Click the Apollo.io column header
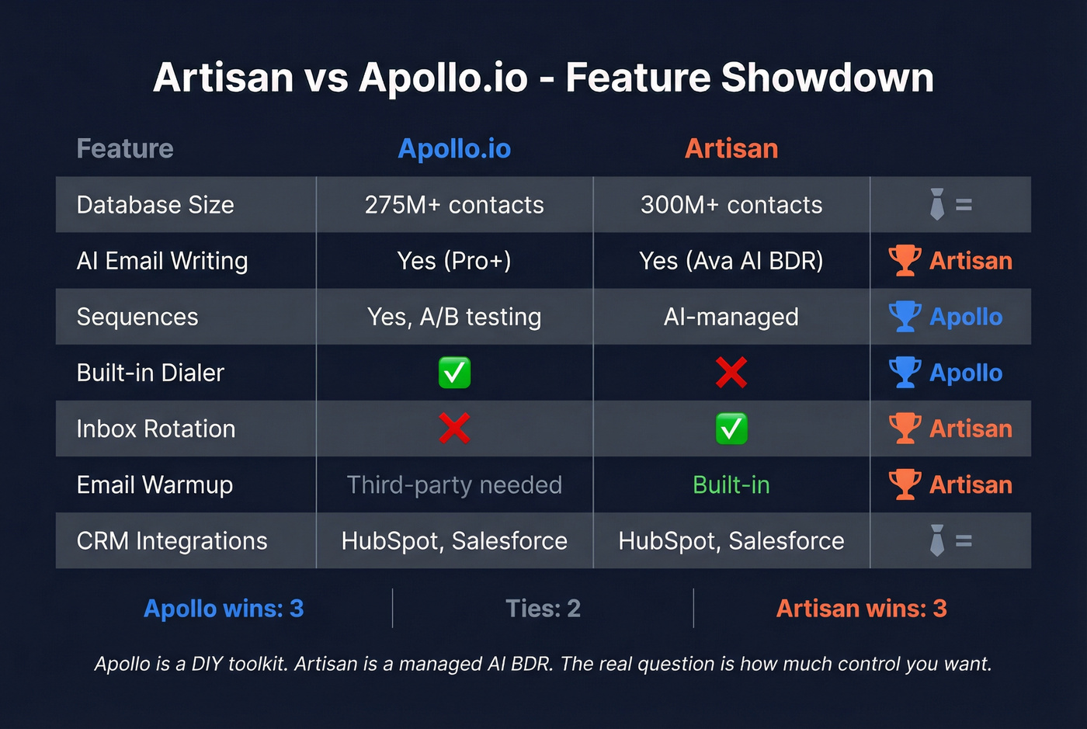pos(454,148)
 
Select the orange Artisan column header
pos(731,148)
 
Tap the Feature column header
pos(125,148)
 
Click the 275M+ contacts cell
pos(454,205)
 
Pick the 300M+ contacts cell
pos(731,205)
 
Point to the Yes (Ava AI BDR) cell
pos(731,261)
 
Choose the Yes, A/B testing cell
pos(454,317)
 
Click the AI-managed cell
pos(731,317)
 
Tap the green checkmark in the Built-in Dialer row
pos(454,373)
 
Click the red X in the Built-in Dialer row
pos(731,373)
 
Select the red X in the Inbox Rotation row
pos(454,429)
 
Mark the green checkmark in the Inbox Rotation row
pos(731,429)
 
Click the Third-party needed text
pos(454,485)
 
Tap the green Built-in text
pos(731,485)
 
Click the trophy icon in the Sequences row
pos(905,316)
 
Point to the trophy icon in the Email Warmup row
pos(905,484)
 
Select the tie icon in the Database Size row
pos(937,204)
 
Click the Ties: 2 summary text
pos(543,608)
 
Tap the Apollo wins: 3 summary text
pos(224,608)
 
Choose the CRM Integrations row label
pos(172,541)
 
